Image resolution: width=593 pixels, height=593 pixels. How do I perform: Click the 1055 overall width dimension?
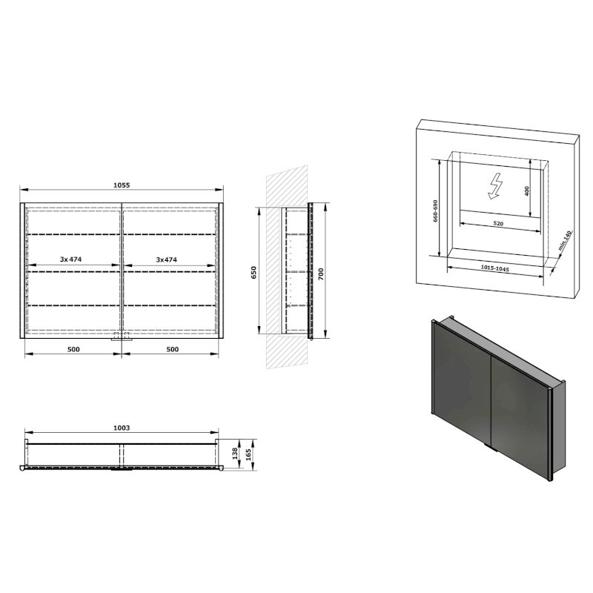click(122, 185)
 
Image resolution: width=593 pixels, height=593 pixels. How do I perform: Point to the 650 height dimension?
click(254, 272)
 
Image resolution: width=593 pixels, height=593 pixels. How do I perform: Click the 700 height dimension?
click(320, 273)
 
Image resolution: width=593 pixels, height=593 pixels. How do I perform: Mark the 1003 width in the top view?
click(122, 428)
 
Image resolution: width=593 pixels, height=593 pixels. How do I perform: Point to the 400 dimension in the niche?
click(527, 191)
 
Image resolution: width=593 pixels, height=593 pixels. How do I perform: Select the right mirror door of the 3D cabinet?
click(519, 419)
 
